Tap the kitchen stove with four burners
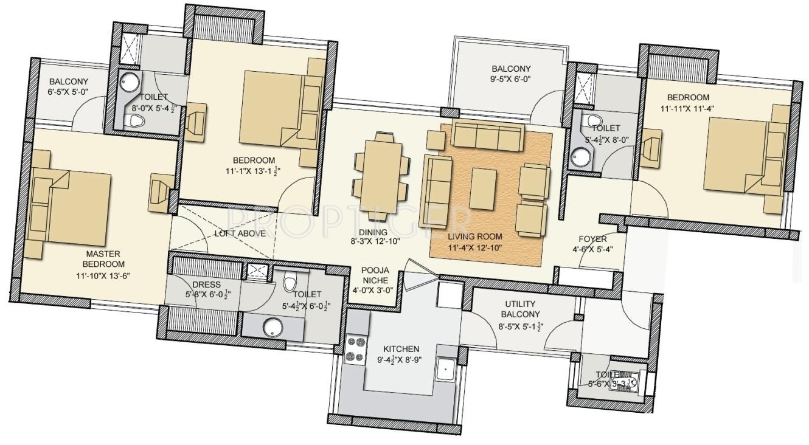(x=354, y=350)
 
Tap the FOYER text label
(x=592, y=239)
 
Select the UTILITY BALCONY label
(x=520, y=309)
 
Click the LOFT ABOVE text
(x=231, y=233)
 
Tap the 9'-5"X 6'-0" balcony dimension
(x=511, y=80)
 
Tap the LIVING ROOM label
(x=475, y=236)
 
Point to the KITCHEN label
(x=401, y=349)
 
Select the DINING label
(x=373, y=232)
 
